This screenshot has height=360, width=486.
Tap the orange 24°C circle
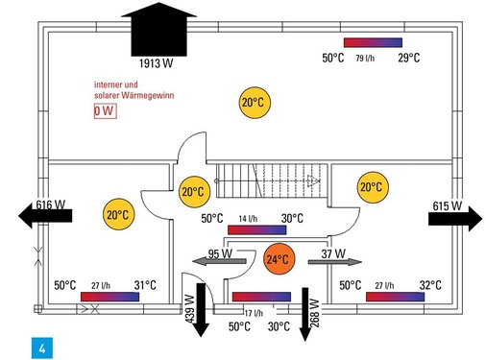coord(279,259)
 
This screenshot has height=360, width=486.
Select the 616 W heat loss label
coord(51,204)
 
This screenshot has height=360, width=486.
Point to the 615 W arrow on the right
coord(455,219)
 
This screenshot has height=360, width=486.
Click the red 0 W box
coord(105,111)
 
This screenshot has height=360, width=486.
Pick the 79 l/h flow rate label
coord(365,59)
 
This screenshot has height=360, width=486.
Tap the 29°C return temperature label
coord(409,58)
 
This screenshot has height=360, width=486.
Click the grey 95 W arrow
coord(219,261)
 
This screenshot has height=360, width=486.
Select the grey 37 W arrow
coord(335,262)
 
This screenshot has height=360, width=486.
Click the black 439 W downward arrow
coord(201,310)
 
